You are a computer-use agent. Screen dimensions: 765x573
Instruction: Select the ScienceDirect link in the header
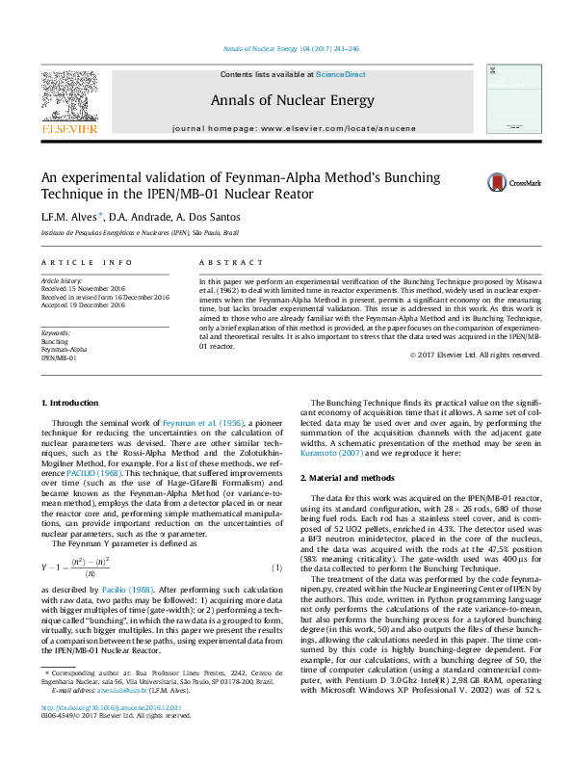point(342,74)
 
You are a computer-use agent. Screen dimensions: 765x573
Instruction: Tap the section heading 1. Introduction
point(71,402)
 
